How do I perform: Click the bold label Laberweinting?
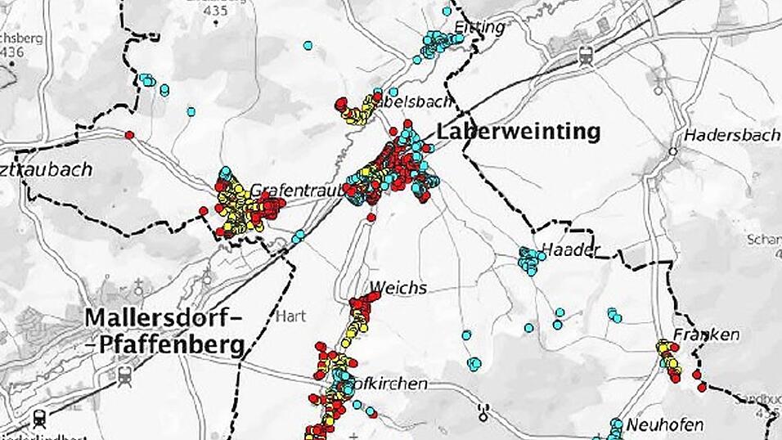pyautogui.click(x=519, y=132)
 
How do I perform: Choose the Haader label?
pyautogui.click(x=571, y=249)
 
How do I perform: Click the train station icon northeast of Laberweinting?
pyautogui.click(x=586, y=56)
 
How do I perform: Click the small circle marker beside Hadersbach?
pyautogui.click(x=672, y=151)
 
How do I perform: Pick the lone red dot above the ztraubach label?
pyautogui.click(x=129, y=135)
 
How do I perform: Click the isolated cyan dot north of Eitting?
pyautogui.click(x=447, y=11)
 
